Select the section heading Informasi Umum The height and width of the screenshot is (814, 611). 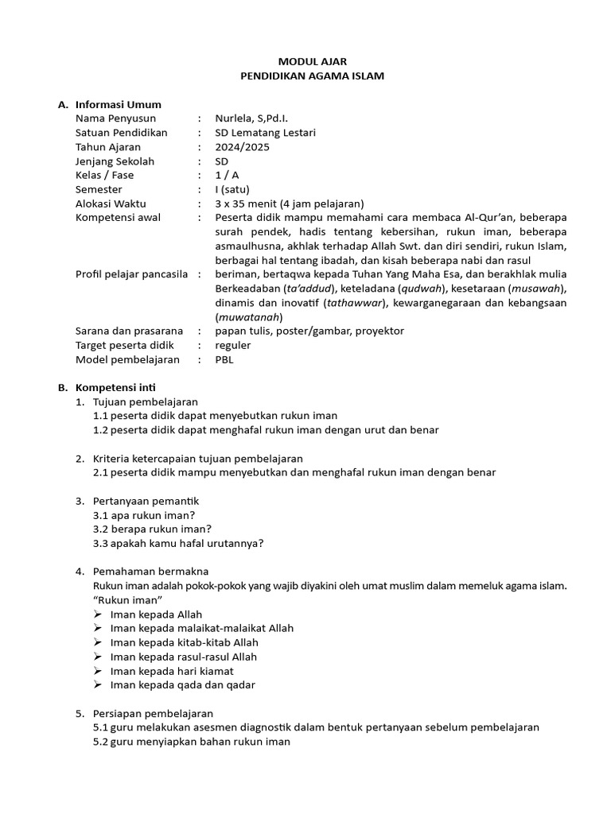(x=118, y=104)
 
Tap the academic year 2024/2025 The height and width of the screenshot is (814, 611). (x=242, y=147)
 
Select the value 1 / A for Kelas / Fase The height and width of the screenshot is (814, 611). (x=228, y=176)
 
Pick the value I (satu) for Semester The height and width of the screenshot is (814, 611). (x=232, y=189)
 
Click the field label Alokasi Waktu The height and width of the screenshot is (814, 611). (x=111, y=203)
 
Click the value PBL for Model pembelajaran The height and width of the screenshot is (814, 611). (x=225, y=359)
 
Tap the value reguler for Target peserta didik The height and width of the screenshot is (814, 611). (x=233, y=345)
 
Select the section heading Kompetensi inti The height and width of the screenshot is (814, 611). (x=119, y=387)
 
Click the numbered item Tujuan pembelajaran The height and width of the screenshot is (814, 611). (x=146, y=401)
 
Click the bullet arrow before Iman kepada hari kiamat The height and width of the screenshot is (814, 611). (x=97, y=671)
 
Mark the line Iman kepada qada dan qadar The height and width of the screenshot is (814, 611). (x=183, y=684)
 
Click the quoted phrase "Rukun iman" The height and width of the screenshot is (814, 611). (x=128, y=599)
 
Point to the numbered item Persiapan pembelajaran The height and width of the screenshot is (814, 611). (x=153, y=713)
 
